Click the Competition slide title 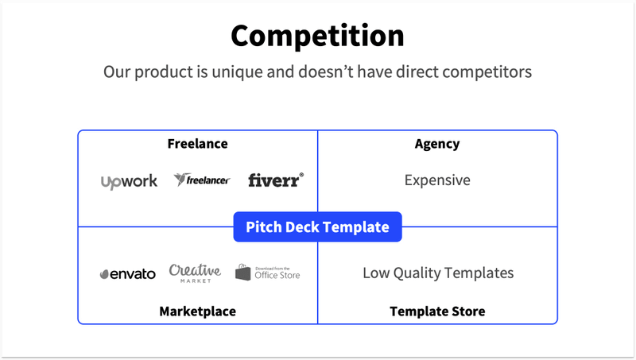pyautogui.click(x=317, y=36)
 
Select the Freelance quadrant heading pyautogui.click(x=197, y=144)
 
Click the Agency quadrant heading pyautogui.click(x=437, y=144)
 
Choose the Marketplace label pyautogui.click(x=197, y=311)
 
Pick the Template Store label pyautogui.click(x=437, y=311)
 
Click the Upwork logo pyautogui.click(x=129, y=181)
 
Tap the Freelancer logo pyautogui.click(x=202, y=180)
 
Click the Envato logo pyautogui.click(x=127, y=274)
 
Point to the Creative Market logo pyautogui.click(x=195, y=273)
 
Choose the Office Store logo pyautogui.click(x=268, y=273)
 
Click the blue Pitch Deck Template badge pyautogui.click(x=317, y=226)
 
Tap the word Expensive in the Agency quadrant pyautogui.click(x=437, y=180)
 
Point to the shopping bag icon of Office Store pyautogui.click(x=243, y=273)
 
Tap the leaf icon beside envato pyautogui.click(x=105, y=274)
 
